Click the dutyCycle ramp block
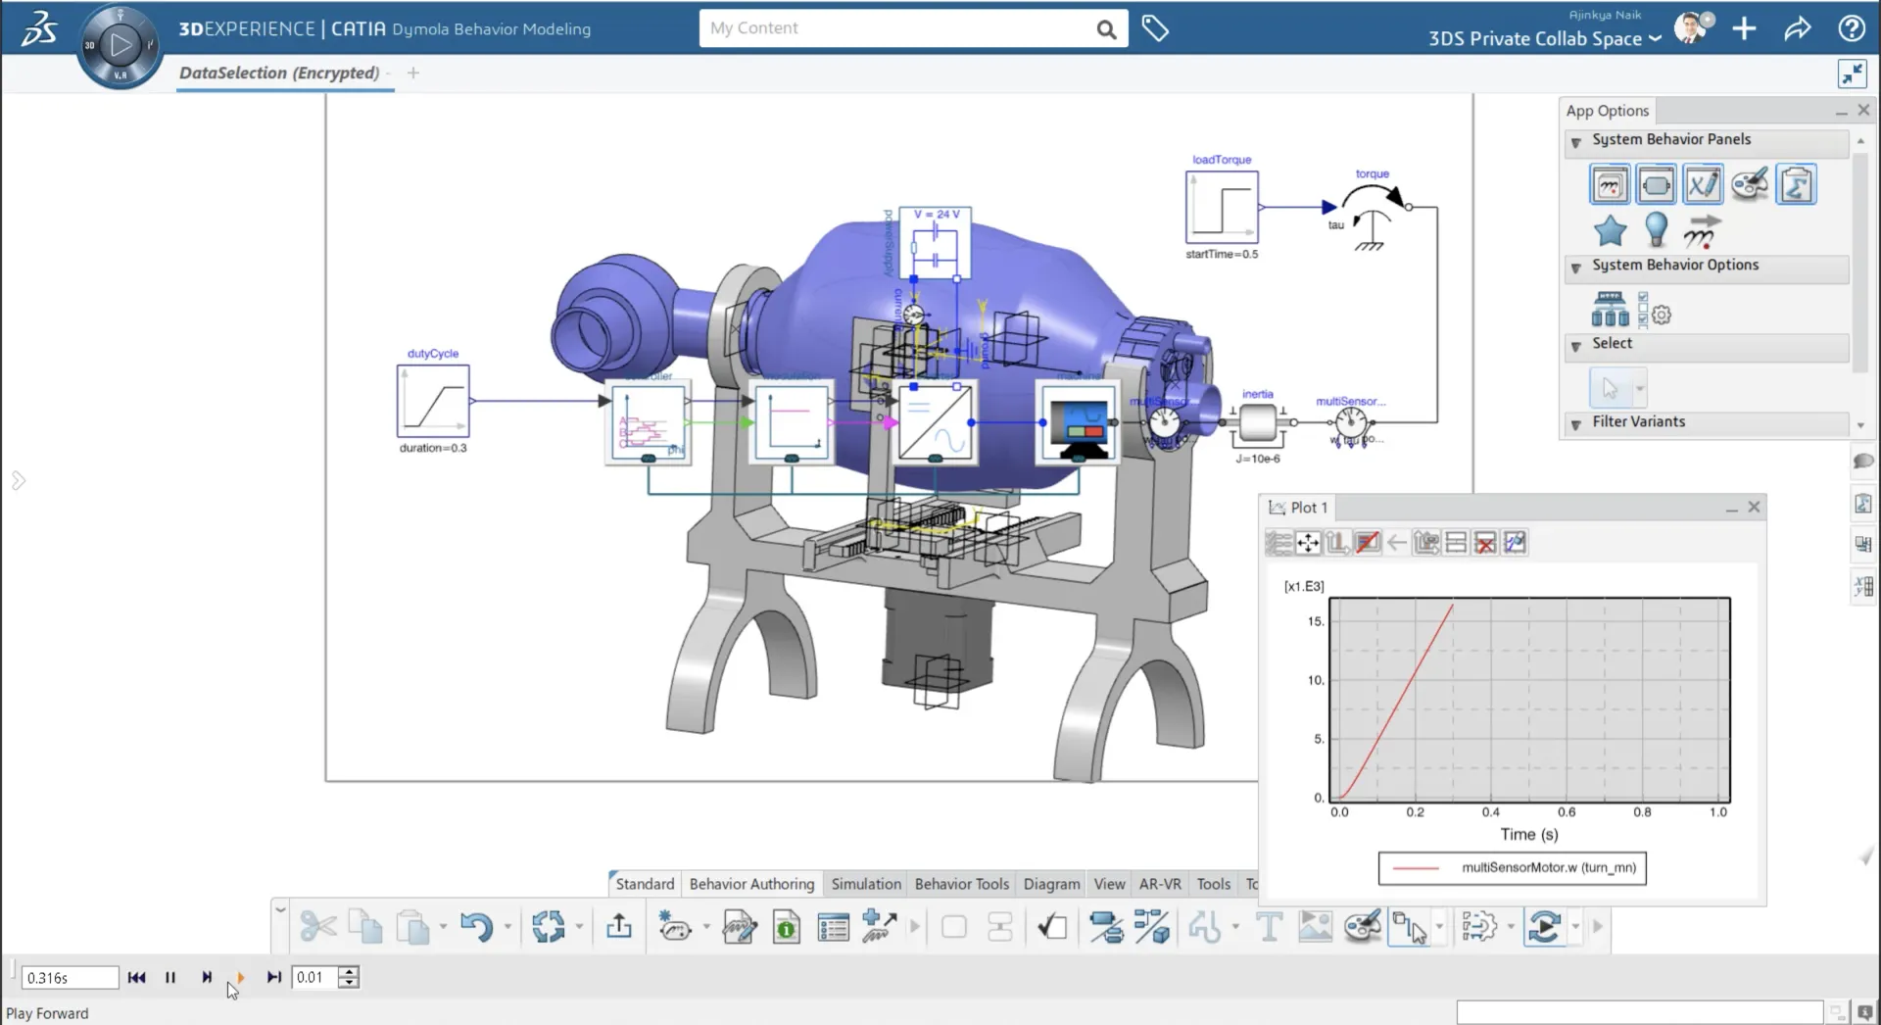coord(433,401)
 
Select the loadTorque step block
coord(1222,208)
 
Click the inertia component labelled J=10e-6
coord(1257,423)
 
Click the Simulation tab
coord(866,884)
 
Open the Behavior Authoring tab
coord(751,884)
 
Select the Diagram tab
coord(1051,884)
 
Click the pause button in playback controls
coord(170,977)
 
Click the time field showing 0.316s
coord(70,978)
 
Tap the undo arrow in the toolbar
coord(476,926)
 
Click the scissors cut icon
coord(317,926)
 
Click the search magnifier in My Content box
coord(1106,29)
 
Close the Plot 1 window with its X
coord(1754,508)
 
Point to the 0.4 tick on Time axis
coord(1490,812)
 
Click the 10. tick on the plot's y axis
coord(1316,680)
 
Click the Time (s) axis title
coord(1528,835)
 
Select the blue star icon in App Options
coord(1610,231)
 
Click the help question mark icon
coord(1852,28)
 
